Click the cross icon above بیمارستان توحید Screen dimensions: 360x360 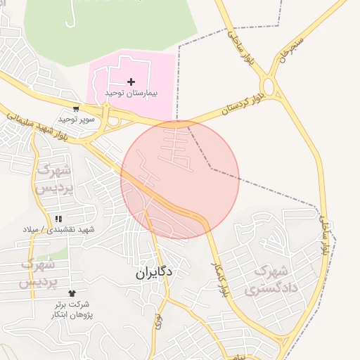coord(131,82)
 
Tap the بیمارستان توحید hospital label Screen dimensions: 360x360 coord(131,94)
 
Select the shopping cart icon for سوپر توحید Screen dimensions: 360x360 coord(76,109)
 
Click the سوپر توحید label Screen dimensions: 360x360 coord(77,120)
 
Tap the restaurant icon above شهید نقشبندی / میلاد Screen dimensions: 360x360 coord(58,219)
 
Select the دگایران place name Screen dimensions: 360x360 coord(155,272)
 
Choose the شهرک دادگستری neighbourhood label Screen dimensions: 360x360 coord(270,279)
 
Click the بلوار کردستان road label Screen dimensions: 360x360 coord(242,98)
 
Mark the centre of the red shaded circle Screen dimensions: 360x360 coord(180,180)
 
